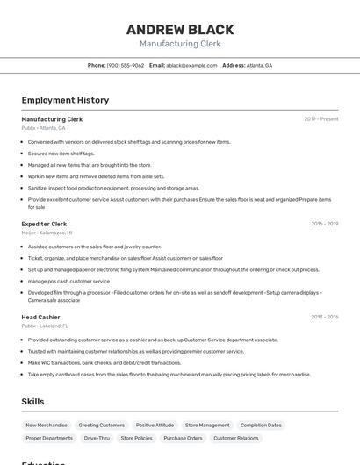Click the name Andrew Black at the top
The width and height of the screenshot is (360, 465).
pos(180,29)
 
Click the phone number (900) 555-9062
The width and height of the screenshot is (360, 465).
pos(126,65)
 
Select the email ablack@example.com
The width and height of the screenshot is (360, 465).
pos(191,65)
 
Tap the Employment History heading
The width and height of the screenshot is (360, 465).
pos(65,100)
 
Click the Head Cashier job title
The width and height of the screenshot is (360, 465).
pos(40,317)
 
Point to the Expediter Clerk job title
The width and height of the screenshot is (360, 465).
pos(44,224)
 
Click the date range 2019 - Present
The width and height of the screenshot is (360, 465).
pos(321,119)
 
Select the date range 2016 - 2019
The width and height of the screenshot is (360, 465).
pos(324,224)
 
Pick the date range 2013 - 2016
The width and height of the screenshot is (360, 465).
pos(324,317)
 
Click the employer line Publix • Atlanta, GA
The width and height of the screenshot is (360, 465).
pos(43,128)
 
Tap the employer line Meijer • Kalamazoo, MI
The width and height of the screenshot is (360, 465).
pos(47,232)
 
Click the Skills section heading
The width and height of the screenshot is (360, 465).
pos(32,401)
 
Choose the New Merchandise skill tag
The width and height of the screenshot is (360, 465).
pos(47,425)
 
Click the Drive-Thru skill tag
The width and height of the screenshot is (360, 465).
pos(97,438)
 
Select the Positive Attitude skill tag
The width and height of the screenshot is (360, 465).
pos(155,425)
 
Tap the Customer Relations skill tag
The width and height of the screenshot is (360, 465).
pos(236,438)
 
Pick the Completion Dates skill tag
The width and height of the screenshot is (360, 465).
pos(261,425)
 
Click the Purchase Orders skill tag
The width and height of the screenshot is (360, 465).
pos(183,438)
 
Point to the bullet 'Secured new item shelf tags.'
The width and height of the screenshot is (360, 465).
pos(61,153)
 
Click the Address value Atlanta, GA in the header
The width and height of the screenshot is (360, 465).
pos(259,65)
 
